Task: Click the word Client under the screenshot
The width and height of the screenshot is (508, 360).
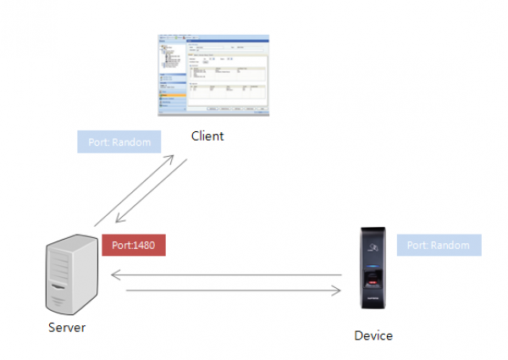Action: tap(207, 136)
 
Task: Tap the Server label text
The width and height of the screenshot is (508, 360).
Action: tap(66, 328)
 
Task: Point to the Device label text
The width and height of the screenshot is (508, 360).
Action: tap(373, 335)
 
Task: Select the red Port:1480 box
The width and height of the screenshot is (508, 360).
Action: tap(133, 246)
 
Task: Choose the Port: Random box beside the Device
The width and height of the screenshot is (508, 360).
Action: tap(438, 245)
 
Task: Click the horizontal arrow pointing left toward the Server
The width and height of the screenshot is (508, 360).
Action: tap(226, 275)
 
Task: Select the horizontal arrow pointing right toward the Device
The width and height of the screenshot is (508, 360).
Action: tap(234, 291)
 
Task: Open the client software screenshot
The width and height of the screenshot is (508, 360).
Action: tap(213, 75)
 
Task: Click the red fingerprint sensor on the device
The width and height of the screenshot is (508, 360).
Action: tap(373, 282)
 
